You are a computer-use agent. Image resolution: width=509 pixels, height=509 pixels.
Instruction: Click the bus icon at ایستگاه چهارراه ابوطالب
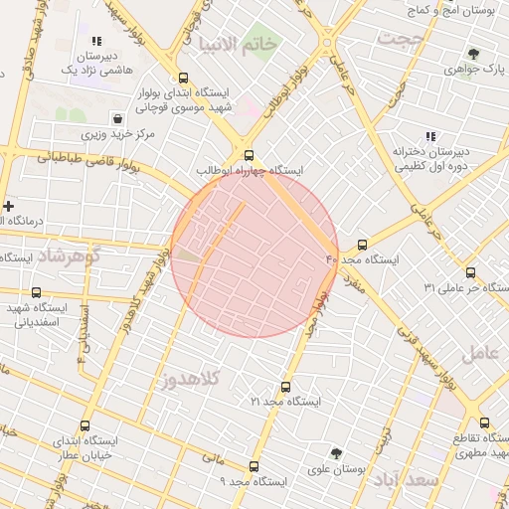pos(249,155)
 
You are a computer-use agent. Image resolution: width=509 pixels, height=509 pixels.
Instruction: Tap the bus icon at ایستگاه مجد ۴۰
pos(361,244)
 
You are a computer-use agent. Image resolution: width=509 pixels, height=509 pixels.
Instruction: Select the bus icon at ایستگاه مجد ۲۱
pos(286,387)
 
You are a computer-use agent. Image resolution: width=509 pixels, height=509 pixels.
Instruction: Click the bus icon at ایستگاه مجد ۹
pos(254,466)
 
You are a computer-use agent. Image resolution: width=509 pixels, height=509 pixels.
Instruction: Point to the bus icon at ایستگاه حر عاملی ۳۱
pos(470,272)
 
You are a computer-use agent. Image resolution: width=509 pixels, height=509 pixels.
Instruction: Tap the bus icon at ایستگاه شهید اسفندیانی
pos(37,293)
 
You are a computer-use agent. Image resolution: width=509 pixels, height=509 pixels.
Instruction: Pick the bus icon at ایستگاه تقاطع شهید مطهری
pos(484,423)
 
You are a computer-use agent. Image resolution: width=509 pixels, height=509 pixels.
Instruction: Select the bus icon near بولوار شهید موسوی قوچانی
pos(182,78)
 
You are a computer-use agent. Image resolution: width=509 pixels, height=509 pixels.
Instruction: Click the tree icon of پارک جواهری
pos(472,55)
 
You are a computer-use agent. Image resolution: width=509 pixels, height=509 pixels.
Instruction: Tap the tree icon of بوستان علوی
pos(336,452)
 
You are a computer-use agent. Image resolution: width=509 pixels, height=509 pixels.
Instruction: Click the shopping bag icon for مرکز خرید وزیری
pos(118,118)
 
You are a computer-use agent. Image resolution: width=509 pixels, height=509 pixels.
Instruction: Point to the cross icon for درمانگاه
pos(9,206)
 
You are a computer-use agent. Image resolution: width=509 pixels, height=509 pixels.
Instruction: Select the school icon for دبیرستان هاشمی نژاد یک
pos(96,41)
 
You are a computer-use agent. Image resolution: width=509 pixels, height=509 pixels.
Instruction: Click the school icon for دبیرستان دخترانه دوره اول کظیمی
pos(429,136)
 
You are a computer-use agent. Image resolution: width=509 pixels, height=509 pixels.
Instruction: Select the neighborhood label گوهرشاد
pos(71,255)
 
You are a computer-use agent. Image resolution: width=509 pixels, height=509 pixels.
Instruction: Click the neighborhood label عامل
pos(479,352)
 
